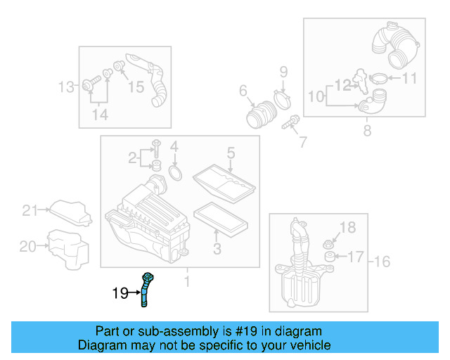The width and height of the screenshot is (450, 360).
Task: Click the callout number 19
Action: [x=120, y=292]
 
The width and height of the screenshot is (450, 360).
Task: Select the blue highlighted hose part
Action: [x=146, y=288]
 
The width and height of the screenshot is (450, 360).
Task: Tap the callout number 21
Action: [x=29, y=210]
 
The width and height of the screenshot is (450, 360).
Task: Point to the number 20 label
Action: [x=27, y=246]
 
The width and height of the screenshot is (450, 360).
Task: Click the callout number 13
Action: [x=66, y=88]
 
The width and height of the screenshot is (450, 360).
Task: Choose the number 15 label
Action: [x=136, y=86]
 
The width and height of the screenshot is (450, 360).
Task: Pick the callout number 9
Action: [x=284, y=71]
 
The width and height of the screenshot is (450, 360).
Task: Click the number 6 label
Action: [x=243, y=90]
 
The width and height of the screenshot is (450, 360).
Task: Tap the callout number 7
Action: [x=303, y=142]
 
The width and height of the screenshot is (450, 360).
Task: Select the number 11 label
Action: [x=409, y=78]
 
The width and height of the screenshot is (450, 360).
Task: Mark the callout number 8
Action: [x=367, y=130]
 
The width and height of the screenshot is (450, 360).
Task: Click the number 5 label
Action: [x=230, y=153]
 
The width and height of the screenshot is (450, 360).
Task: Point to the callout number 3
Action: [x=217, y=248]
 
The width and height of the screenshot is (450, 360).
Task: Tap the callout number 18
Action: [x=348, y=226]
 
